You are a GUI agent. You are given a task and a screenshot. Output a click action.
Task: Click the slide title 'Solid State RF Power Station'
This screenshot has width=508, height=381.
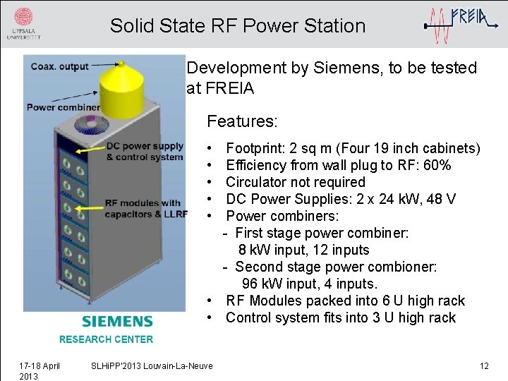[238, 26]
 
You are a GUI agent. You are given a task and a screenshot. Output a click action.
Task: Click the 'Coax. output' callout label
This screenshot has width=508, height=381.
[59, 66]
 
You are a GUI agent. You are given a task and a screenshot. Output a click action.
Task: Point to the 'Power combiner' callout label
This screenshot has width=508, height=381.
[63, 107]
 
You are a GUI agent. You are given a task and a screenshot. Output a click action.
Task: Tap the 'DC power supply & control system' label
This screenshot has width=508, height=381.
[145, 152]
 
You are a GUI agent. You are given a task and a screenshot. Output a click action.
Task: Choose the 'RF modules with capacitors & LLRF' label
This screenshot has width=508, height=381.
[145, 208]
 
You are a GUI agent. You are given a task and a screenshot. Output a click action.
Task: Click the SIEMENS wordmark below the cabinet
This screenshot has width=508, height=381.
[117, 322]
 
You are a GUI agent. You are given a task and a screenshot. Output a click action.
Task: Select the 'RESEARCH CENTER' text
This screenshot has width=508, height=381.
[106, 339]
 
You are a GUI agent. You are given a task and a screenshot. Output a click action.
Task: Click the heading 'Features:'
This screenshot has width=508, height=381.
[242, 121]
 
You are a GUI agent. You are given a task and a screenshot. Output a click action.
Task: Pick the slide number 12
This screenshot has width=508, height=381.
[484, 365]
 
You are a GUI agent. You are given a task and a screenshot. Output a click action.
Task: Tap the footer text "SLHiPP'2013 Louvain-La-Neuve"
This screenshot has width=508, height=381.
[152, 365]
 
